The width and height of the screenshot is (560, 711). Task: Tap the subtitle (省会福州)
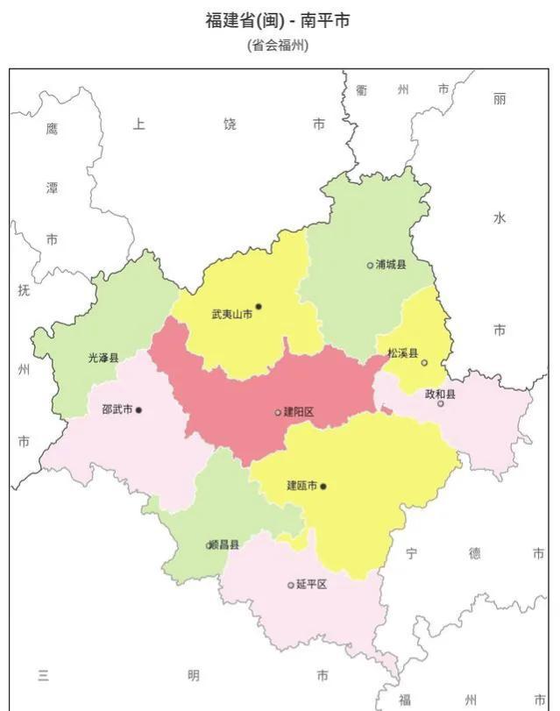click(280, 46)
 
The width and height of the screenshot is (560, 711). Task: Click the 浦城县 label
click(391, 264)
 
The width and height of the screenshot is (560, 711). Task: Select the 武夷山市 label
click(231, 314)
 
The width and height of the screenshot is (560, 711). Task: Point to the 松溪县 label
click(403, 353)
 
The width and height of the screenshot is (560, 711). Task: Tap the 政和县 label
click(441, 395)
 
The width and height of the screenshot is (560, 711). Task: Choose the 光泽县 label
click(103, 358)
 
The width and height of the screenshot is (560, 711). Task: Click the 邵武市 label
click(117, 409)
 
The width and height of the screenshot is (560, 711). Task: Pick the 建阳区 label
click(299, 412)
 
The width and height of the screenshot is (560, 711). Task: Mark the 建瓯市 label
click(302, 486)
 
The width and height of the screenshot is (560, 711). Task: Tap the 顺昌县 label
click(224, 544)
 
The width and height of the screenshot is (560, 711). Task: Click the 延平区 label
click(311, 584)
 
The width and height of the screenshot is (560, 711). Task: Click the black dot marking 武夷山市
click(259, 307)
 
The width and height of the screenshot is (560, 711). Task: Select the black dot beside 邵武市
click(138, 409)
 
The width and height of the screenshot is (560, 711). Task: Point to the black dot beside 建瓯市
click(323, 486)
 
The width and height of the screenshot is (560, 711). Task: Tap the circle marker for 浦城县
click(370, 265)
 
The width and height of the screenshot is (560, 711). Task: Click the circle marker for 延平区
click(291, 585)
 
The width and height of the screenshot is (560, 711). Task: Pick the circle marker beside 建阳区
click(278, 412)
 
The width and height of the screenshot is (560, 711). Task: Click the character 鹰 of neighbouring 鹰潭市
click(52, 129)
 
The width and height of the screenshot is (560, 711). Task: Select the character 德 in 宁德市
click(474, 553)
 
